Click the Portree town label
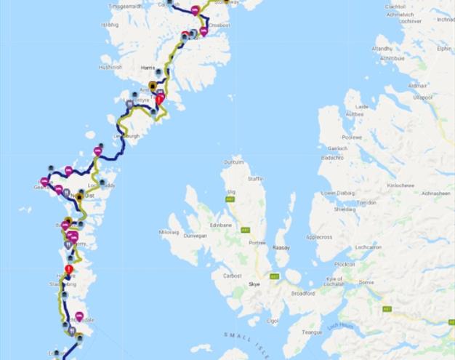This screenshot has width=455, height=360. click(257, 243)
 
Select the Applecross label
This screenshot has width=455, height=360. click(318, 237)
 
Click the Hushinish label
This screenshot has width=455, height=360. click(111, 67)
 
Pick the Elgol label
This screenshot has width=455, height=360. click(273, 320)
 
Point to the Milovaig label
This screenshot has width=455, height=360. click(168, 232)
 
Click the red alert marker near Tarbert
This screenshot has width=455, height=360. click(161, 99)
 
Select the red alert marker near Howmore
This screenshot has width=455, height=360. click(69, 269)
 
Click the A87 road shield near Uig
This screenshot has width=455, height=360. click(230, 199)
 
